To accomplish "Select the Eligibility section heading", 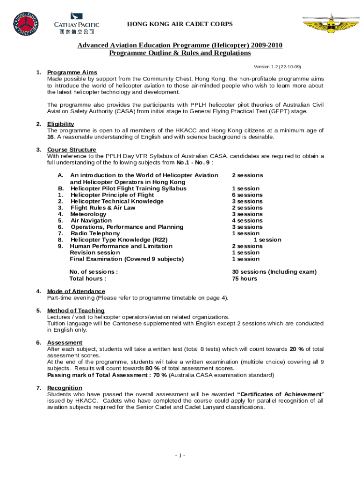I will [60, 124].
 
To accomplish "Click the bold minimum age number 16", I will [50, 137].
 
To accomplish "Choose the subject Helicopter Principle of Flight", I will [112, 195].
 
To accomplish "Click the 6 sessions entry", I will [247, 195].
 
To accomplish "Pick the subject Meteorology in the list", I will [88, 214].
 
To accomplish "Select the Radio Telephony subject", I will [95, 233].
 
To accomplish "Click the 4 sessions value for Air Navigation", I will [247, 221].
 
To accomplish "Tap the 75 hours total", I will [245, 279].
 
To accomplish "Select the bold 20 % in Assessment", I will [296, 349].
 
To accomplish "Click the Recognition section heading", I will [65, 388].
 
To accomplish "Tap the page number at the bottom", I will [180, 456].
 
